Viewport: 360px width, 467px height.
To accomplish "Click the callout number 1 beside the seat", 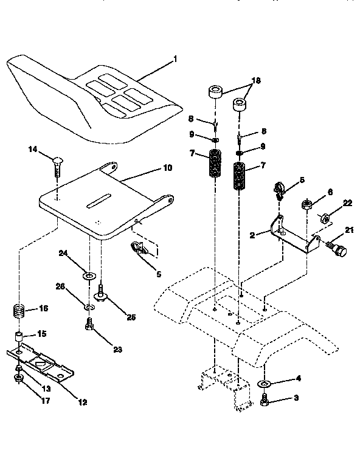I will click(176, 60).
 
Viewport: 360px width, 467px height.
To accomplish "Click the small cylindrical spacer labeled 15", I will click(20, 337).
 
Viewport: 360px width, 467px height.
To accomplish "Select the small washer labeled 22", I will click(325, 218).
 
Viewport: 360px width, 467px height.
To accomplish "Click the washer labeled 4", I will click(265, 384).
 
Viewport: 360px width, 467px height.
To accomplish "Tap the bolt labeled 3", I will click(265, 401).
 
